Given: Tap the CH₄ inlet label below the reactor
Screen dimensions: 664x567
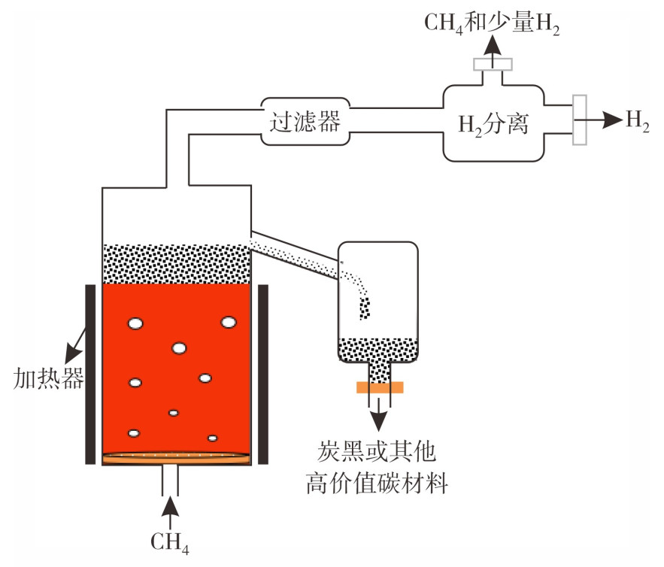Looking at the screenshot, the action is (170, 542).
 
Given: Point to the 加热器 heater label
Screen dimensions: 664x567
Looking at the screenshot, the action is (48, 378).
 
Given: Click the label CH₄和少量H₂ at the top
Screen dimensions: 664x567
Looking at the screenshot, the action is (492, 23).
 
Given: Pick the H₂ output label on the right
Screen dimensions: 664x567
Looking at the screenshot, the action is (638, 120).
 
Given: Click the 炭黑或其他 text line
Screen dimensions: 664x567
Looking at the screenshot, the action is (377, 451).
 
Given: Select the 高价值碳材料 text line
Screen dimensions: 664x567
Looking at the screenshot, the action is (377, 484).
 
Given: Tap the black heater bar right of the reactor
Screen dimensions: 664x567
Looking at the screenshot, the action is (263, 374).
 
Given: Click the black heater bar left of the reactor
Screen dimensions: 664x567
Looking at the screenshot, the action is (90, 374).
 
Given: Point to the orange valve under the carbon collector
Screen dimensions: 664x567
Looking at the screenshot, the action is (380, 387).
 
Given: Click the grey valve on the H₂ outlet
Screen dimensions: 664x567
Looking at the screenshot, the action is (580, 120).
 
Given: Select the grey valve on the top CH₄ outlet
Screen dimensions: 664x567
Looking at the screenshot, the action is (493, 64).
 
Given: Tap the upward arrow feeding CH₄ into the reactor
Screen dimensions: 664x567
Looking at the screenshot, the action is (170, 512).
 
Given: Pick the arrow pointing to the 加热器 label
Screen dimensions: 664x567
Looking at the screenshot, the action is (75, 345).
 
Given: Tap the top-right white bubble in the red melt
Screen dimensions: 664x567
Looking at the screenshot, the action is (229, 323).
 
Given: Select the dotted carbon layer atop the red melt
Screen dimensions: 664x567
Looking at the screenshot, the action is (177, 264).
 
